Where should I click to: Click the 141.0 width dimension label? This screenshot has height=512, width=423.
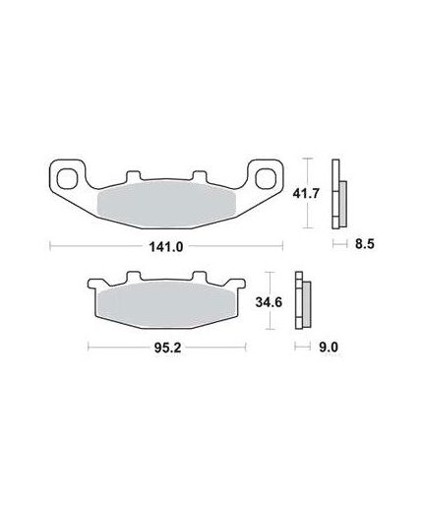tap(166, 246)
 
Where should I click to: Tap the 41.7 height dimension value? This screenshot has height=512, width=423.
tap(306, 193)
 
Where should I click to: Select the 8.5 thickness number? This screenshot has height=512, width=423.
tap(365, 244)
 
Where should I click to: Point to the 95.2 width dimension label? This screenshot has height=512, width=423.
tap(167, 348)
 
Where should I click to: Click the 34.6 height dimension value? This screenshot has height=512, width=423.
tap(269, 302)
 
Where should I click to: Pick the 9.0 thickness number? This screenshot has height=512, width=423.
tap(329, 347)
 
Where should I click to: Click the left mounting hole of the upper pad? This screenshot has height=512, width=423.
tap(67, 178)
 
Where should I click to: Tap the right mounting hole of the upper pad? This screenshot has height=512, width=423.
tap(266, 178)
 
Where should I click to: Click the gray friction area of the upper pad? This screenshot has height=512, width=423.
tap(167, 205)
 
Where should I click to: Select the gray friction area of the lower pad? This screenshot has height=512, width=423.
tap(166, 304)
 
